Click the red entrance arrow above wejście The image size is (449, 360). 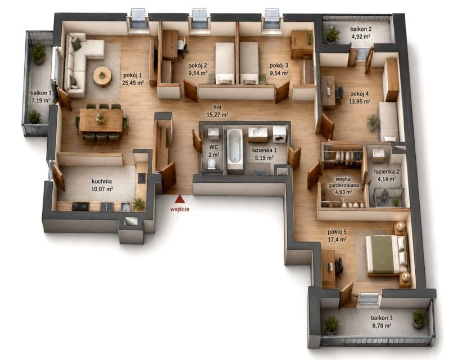click(179, 199)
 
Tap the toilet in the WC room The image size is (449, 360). click(211, 164)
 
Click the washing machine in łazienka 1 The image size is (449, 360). click(279, 134)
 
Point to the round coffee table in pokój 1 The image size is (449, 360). click(102, 76)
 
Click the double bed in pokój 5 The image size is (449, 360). click(387, 254)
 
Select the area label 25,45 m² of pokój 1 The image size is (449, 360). click(133, 83)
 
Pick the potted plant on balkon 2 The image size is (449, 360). click(333, 35)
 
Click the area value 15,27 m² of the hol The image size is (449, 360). click(217, 115)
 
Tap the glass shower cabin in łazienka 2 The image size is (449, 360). click(389, 197)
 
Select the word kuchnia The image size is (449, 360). click(102, 182)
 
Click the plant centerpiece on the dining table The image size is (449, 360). click(101, 118)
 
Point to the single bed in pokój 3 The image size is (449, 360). click(249, 63)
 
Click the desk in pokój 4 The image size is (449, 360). click(328, 92)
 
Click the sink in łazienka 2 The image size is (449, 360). click(380, 154)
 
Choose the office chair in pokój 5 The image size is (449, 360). click(339, 268)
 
